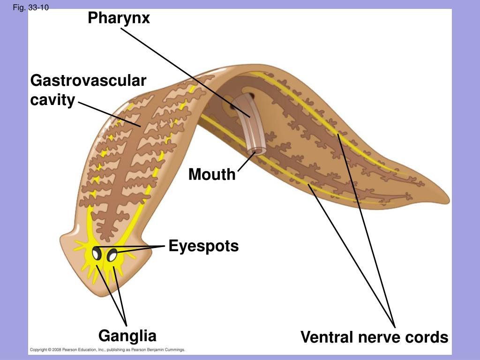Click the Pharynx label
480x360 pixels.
(x=119, y=18)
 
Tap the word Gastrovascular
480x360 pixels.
(x=88, y=81)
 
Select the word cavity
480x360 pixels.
(x=52, y=100)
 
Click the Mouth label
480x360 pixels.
(x=212, y=174)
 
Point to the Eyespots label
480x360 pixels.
(x=203, y=246)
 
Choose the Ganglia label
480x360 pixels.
(x=127, y=336)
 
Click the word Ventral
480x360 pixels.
(x=330, y=337)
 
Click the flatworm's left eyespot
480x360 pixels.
(x=97, y=253)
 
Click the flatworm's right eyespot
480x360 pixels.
(x=112, y=255)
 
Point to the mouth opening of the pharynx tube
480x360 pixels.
(x=256, y=151)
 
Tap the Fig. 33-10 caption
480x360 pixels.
(x=31, y=7)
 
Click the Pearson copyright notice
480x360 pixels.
(x=108, y=350)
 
